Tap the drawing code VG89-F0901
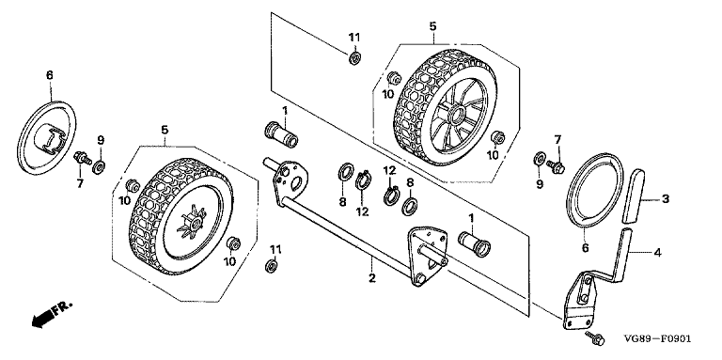(657, 338)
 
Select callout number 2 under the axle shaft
(372, 278)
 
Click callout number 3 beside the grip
(666, 199)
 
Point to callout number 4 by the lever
(658, 252)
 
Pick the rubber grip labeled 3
(632, 196)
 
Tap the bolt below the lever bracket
(594, 337)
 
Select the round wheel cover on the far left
(46, 136)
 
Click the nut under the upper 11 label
(354, 58)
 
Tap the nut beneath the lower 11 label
(272, 266)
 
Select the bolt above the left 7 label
(83, 158)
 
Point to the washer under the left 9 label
(99, 167)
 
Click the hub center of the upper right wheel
(456, 113)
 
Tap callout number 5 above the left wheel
(165, 132)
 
